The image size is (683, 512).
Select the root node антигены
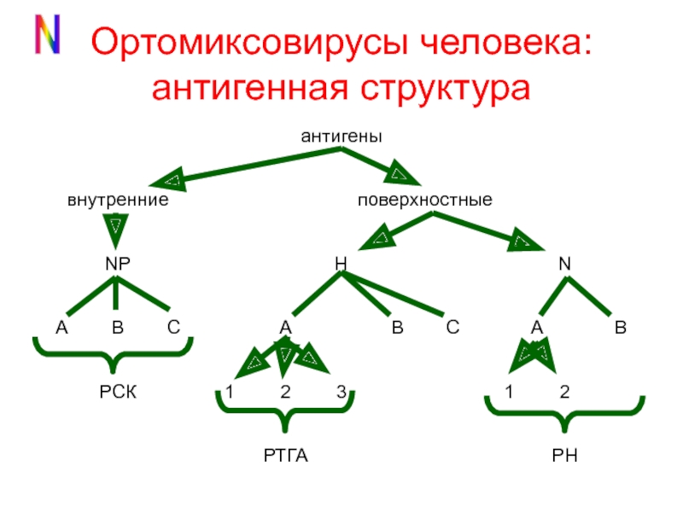point(341,136)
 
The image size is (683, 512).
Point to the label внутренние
point(117,201)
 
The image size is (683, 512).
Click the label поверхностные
point(424,201)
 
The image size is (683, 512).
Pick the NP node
point(117,265)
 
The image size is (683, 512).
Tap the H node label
point(340,265)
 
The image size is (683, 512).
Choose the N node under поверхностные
point(564,265)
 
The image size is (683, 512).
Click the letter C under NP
point(173,328)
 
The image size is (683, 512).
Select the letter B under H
point(397,328)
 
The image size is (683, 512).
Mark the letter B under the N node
point(621,328)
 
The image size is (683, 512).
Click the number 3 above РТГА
point(341,393)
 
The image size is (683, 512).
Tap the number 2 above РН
point(564,393)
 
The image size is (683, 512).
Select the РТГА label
point(285,457)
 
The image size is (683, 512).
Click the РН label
point(564,457)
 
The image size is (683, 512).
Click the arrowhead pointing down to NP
point(116,230)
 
